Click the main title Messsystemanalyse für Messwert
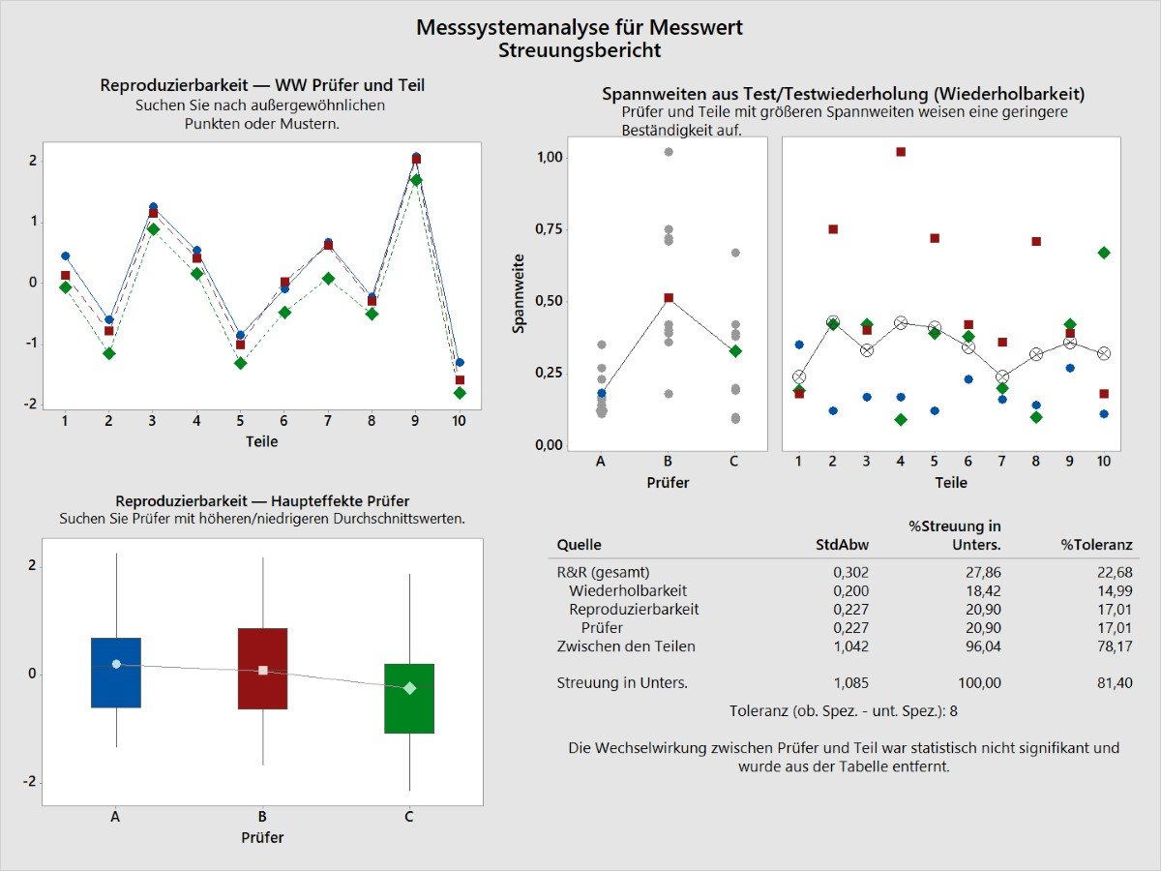coord(580,27)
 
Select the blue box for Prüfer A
coord(116,673)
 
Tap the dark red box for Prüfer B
coord(262,669)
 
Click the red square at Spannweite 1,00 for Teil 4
coord(901,152)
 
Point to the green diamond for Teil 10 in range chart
coord(1104,253)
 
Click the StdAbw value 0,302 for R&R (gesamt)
coord(850,572)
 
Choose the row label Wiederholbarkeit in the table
coord(628,590)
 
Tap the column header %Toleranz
coord(1096,545)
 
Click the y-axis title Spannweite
coord(519,294)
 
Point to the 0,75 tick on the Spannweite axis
coord(550,228)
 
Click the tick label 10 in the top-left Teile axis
coord(459,420)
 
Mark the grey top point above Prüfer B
coord(669,152)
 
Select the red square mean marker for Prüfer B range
coord(669,298)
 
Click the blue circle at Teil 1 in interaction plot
coord(65,256)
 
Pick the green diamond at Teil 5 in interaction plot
coord(240,363)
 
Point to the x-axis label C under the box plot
coord(409,817)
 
